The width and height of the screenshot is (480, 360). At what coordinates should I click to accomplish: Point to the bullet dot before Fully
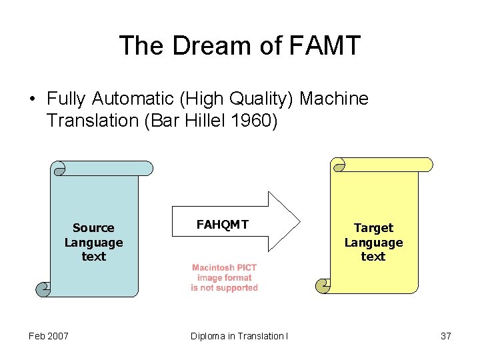pyautogui.click(x=32, y=100)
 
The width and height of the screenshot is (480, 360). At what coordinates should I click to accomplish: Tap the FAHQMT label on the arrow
pyautogui.click(x=222, y=225)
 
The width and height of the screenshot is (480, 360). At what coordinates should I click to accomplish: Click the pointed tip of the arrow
pyautogui.click(x=299, y=221)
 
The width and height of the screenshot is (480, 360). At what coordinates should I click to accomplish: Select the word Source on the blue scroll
pyautogui.click(x=93, y=228)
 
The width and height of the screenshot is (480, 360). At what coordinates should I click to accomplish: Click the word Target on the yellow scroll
pyautogui.click(x=373, y=228)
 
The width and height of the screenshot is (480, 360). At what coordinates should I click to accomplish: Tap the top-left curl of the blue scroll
pyautogui.click(x=59, y=168)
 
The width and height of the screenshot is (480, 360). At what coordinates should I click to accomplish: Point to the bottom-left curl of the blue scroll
pyautogui.click(x=43, y=289)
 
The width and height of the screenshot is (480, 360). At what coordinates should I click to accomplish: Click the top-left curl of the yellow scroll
pyautogui.click(x=339, y=165)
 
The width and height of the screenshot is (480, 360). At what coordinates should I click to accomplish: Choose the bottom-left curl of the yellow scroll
pyautogui.click(x=323, y=286)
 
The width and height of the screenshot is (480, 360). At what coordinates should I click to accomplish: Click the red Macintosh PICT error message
pyautogui.click(x=224, y=277)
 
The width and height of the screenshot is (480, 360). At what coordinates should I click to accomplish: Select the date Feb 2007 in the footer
pyautogui.click(x=48, y=336)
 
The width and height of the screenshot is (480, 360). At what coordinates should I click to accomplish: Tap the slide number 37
pyautogui.click(x=446, y=336)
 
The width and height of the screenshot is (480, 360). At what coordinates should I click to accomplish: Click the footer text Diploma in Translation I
pyautogui.click(x=239, y=336)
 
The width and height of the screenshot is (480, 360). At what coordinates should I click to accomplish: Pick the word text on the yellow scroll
pyautogui.click(x=373, y=257)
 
